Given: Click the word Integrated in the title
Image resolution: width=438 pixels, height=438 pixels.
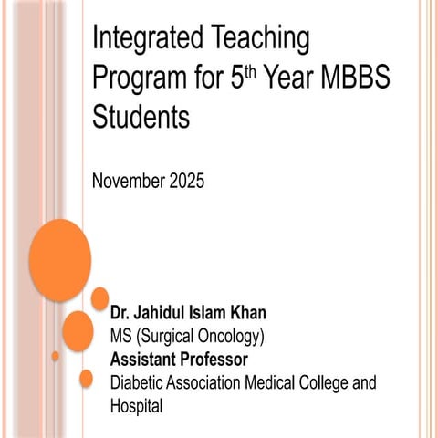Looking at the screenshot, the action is [x=148, y=38].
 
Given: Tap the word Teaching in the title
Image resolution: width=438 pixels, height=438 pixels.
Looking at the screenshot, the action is [x=260, y=38].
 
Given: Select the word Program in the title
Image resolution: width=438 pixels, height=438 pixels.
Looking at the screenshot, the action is [x=140, y=78].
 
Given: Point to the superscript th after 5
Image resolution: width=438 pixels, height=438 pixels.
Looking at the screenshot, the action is [x=251, y=73].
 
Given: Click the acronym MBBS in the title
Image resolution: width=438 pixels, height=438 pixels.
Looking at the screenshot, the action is [x=355, y=77].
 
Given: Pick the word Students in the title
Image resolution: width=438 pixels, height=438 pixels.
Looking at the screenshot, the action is [x=141, y=117].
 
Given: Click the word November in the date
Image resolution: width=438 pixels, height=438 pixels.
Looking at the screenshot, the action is [x=128, y=181].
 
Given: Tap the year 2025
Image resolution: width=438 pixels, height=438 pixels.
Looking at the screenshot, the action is [x=187, y=181].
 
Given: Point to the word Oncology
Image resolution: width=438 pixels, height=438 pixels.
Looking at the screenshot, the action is [x=231, y=337].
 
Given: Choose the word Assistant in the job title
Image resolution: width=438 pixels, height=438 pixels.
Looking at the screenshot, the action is [x=142, y=360].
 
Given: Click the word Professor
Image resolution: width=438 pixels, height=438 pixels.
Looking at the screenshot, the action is [x=214, y=360].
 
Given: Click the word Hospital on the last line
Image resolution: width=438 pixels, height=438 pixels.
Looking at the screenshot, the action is [x=136, y=407].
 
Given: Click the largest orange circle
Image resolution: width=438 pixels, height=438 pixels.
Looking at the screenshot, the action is [x=60, y=260].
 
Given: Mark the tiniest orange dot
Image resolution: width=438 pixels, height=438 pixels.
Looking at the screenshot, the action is [x=56, y=356].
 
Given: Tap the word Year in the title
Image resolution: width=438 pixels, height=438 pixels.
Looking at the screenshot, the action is [x=288, y=77].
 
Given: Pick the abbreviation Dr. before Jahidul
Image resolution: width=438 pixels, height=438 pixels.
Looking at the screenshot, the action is [x=120, y=313].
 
